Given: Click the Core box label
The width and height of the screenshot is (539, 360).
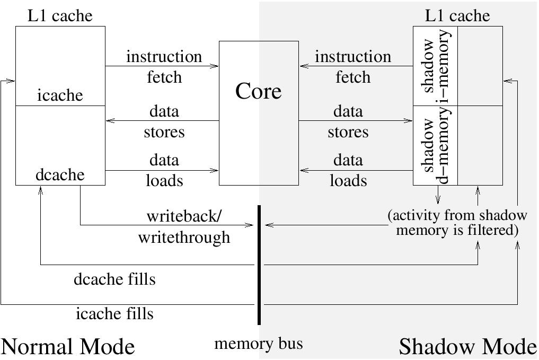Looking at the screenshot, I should pyautogui.click(x=259, y=91).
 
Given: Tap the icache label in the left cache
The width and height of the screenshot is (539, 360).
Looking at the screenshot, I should pyautogui.click(x=60, y=95).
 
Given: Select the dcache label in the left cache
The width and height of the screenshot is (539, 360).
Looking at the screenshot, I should pyautogui.click(x=60, y=174).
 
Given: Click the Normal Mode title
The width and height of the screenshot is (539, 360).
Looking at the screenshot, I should pyautogui.click(x=68, y=347).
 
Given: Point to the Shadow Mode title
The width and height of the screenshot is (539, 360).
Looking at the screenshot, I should pyautogui.click(x=467, y=347).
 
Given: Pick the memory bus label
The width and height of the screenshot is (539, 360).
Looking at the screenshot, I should pyautogui.click(x=259, y=344).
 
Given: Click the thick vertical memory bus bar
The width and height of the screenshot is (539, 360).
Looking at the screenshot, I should pyautogui.click(x=259, y=265).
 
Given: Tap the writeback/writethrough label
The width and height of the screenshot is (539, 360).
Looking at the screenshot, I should pyautogui.click(x=184, y=226).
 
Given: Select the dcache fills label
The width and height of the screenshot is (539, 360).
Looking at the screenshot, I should pyautogui.click(x=114, y=278).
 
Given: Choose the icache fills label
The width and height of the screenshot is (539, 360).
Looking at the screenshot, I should pyautogui.click(x=114, y=314).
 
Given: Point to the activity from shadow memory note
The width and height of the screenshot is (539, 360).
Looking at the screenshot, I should pyautogui.click(x=457, y=223).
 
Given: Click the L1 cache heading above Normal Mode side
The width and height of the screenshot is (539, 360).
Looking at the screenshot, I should pyautogui.click(x=60, y=16).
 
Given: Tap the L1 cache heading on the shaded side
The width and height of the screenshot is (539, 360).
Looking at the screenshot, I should pyautogui.click(x=457, y=16).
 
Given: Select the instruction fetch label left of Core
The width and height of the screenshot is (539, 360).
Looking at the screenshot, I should pyautogui.click(x=164, y=67).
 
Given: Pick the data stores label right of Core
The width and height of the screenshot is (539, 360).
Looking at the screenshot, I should pyautogui.click(x=348, y=121).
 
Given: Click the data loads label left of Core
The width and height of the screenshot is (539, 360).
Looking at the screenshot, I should pyautogui.click(x=164, y=170).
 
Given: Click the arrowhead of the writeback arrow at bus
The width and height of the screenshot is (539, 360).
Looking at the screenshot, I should pyautogui.click(x=252, y=225).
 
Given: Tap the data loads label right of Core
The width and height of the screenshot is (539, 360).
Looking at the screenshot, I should pyautogui.click(x=348, y=170).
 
